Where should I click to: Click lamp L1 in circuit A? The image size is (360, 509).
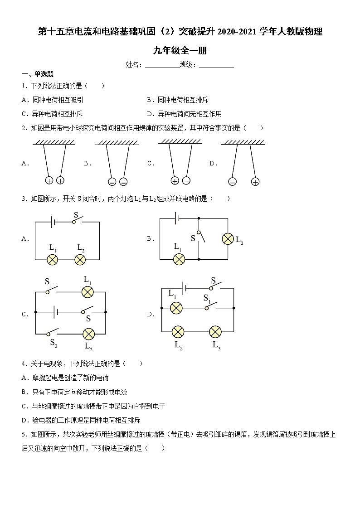coord(53,259)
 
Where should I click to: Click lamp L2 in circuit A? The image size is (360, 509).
coord(80,259)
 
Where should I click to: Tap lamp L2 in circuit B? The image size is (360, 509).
coord(227,238)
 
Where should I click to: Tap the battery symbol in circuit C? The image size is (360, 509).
coord(55,312)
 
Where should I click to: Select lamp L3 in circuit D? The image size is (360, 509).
coord(215,331)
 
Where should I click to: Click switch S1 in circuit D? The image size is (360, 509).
coord(209,307)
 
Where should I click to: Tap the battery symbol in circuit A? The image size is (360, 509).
coord(53,222)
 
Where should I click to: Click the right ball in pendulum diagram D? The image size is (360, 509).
coord(255,182)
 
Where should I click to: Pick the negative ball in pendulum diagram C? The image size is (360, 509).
coord(186,181)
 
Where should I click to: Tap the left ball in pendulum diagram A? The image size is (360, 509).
coord(49,180)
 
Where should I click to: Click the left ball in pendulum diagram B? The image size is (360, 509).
coord(112,182)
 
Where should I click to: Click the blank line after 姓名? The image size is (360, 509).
coord(162,65)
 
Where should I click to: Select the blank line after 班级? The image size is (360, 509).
coord(216,65)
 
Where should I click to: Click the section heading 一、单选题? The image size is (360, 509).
coord(38,74)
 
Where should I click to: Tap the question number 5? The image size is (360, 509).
coord(23,435)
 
